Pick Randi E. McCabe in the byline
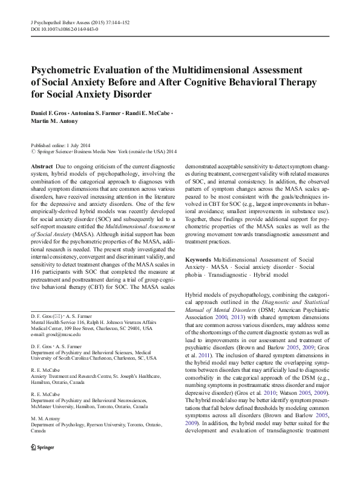click(151, 114)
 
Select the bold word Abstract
click(41, 165)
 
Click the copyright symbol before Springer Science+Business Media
click(33, 152)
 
